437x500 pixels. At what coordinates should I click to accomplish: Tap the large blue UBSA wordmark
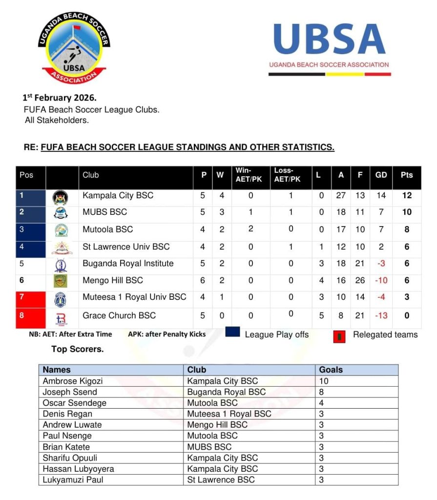[x=330, y=39]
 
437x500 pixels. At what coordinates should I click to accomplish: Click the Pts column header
[x=406, y=175]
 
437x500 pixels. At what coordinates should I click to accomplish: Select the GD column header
[x=381, y=175]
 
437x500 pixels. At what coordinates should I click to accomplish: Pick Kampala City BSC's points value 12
[x=406, y=195]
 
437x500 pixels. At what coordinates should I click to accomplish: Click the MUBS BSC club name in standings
[x=104, y=212]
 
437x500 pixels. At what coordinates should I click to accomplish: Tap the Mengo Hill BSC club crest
[x=61, y=281]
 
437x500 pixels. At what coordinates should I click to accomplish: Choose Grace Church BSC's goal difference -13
[x=381, y=315]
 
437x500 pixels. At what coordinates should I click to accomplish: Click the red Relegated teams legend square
[x=339, y=336]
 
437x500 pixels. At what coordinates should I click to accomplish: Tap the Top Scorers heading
[x=77, y=349]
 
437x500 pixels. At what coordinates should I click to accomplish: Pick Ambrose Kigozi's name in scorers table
[x=73, y=381]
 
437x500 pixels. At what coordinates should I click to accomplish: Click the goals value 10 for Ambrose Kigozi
[x=324, y=381]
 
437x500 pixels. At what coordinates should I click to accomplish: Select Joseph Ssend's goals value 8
[x=322, y=392]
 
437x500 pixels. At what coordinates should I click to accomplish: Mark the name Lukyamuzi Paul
[x=73, y=479]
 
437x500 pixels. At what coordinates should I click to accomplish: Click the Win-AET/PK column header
[x=249, y=175]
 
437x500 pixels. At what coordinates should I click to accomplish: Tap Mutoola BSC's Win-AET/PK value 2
[x=250, y=229]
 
